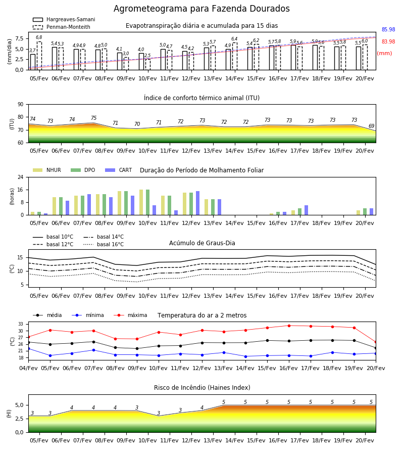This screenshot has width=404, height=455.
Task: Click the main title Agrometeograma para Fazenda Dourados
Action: click(201, 9)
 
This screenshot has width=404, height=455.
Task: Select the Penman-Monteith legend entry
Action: click(62, 27)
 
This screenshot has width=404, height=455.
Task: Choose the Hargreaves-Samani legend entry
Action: click(64, 19)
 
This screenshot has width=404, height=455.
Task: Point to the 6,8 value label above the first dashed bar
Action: click(39, 37)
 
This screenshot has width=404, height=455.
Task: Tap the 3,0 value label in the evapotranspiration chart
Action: click(126, 54)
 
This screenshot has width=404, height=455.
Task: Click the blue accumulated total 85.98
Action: click(388, 30)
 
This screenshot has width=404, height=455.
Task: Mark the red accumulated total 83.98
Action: click(388, 41)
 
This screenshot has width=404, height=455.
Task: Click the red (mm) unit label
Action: click(384, 54)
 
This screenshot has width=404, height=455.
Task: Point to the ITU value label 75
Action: click(93, 118)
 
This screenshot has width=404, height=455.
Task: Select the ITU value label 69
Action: click(372, 126)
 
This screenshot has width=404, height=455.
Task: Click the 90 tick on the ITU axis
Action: click(21, 105)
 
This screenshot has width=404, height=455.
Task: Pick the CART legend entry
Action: click(119, 170)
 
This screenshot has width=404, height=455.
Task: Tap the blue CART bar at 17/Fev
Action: click(307, 210)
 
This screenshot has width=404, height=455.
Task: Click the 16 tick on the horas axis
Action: click(21, 190)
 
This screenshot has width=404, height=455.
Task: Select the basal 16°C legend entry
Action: click(104, 244)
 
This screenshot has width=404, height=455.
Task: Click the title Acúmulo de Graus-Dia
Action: click(202, 243)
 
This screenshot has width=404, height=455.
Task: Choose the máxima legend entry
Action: click(130, 315)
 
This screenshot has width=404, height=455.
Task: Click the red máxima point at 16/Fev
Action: click(289, 326)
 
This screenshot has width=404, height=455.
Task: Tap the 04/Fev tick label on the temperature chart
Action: click(28, 368)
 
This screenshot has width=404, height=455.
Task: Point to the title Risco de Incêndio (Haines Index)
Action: click(202, 388)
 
